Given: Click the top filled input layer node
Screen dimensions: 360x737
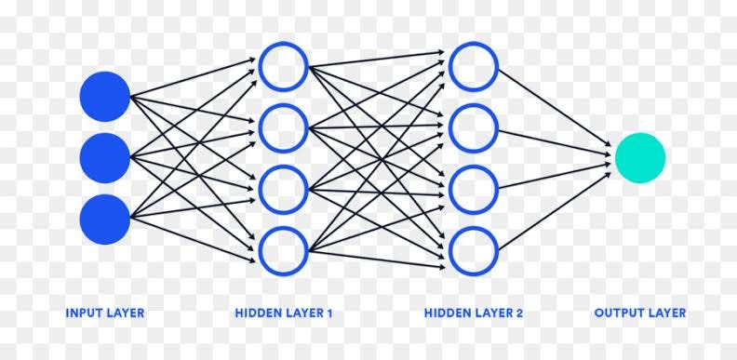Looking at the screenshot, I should [x=104, y=97].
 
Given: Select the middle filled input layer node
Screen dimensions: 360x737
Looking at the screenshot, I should [x=104, y=158].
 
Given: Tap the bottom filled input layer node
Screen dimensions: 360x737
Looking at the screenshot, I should [x=104, y=220].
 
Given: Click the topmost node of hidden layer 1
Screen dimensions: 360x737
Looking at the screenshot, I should [x=283, y=67].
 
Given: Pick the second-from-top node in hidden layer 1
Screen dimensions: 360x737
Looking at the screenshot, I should [x=283, y=127].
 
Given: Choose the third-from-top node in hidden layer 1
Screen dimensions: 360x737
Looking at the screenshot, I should [x=283, y=189].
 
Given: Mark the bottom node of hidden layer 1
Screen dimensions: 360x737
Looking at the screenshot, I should [x=283, y=249].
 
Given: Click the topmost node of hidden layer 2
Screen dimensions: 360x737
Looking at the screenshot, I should [x=474, y=67].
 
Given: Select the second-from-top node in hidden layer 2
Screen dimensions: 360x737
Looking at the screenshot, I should [x=474, y=127].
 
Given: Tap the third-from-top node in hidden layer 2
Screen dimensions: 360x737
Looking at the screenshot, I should [x=474, y=189].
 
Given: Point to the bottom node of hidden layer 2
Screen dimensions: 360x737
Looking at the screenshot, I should [x=474, y=249].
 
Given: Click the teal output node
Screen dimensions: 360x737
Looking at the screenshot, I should [x=640, y=158].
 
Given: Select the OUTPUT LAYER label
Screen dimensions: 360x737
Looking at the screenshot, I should [x=640, y=313].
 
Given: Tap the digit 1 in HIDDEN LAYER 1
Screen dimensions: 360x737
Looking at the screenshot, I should [x=329, y=313].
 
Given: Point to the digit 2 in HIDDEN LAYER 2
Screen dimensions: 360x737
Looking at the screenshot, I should [x=519, y=313].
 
